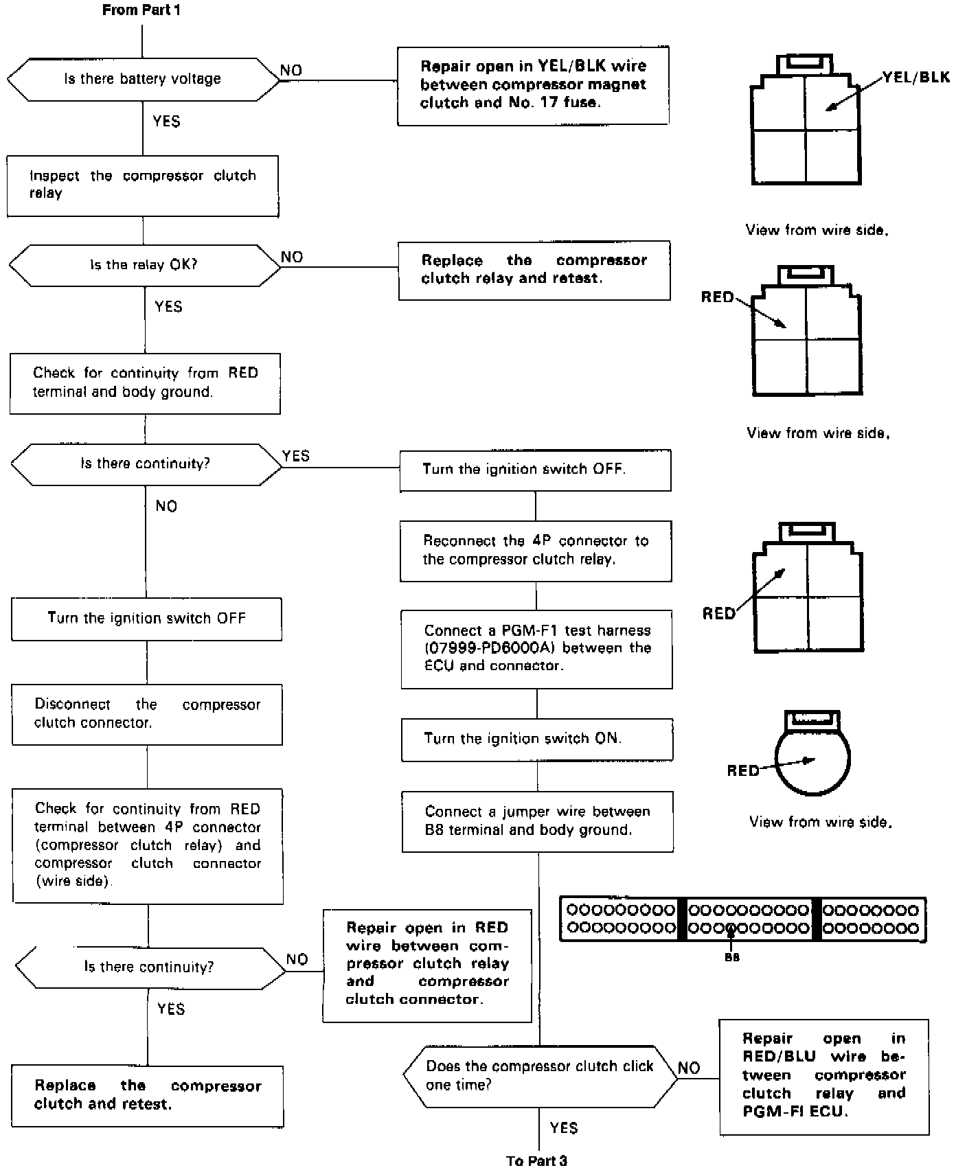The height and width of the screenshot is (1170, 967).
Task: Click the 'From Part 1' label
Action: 141,10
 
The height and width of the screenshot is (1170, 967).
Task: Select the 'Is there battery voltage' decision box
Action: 143,80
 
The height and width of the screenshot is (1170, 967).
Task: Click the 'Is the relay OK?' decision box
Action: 144,265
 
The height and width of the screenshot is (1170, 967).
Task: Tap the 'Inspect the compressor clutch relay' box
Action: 143,185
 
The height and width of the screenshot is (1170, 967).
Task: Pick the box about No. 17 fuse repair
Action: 533,85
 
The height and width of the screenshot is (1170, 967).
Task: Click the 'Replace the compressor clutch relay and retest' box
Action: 534,270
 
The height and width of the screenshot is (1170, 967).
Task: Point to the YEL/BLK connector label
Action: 915,78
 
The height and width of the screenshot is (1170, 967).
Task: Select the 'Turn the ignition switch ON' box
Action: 536,739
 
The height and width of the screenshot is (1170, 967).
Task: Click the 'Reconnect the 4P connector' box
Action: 536,551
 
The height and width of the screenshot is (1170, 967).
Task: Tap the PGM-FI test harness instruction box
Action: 536,649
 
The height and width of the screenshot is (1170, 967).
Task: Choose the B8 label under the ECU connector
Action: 732,957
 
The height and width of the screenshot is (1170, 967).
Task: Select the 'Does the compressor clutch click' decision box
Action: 540,1076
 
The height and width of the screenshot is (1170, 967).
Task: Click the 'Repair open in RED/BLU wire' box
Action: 823,1075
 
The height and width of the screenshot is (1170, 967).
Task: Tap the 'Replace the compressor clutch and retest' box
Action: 147,1096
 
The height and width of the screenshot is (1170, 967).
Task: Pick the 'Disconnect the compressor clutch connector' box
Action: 147,714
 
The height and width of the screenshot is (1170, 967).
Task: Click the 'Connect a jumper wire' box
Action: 537,821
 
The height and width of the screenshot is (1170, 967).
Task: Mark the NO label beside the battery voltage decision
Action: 291,71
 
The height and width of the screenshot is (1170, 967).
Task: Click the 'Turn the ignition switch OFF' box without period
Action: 146,619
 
